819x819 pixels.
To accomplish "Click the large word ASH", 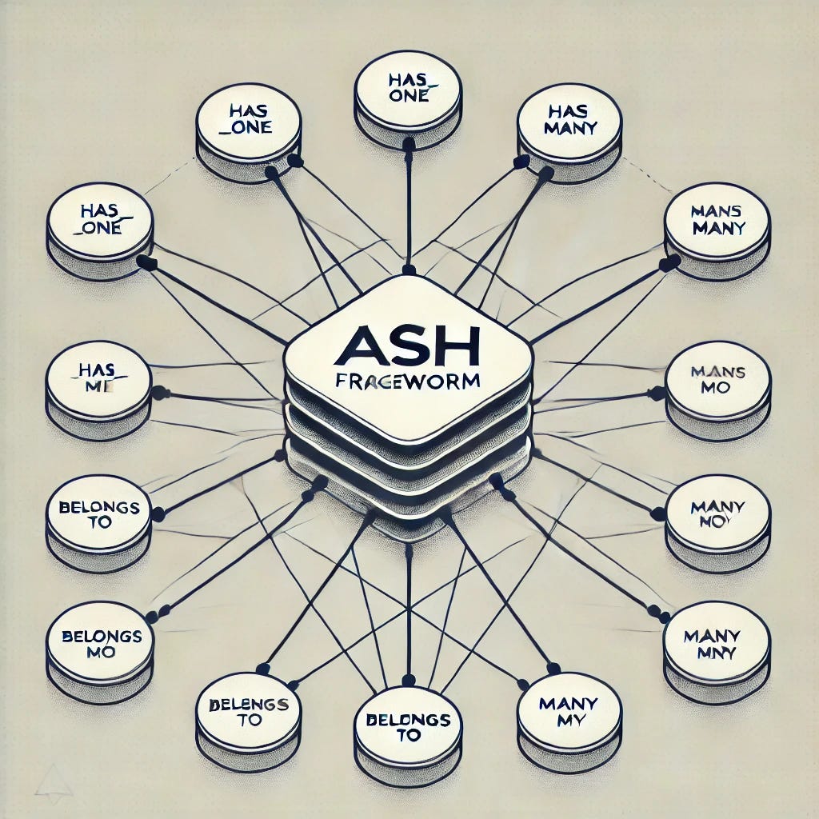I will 408,349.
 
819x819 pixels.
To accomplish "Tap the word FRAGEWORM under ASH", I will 409,382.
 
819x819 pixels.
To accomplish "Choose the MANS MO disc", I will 717,379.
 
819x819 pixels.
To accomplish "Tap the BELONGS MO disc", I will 98,644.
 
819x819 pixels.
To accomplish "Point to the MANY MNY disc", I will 717,644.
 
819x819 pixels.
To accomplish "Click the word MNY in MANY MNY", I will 717,652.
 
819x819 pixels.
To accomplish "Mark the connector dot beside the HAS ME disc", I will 158,392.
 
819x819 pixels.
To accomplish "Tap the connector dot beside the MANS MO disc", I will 657,393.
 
